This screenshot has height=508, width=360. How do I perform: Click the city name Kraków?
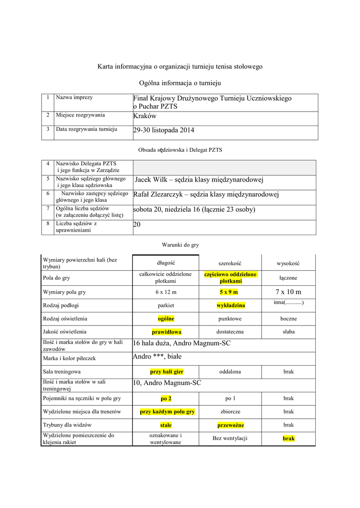point(145,116)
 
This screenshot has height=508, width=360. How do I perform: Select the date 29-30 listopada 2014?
point(164,130)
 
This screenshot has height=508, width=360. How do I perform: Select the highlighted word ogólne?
point(166,318)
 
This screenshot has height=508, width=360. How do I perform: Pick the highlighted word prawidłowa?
point(166,331)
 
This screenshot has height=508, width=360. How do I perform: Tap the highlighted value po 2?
point(166,398)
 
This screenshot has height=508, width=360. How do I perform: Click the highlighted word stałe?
point(166,425)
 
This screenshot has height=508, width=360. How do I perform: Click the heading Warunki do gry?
point(180,245)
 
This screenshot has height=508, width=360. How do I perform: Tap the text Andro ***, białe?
point(157,357)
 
